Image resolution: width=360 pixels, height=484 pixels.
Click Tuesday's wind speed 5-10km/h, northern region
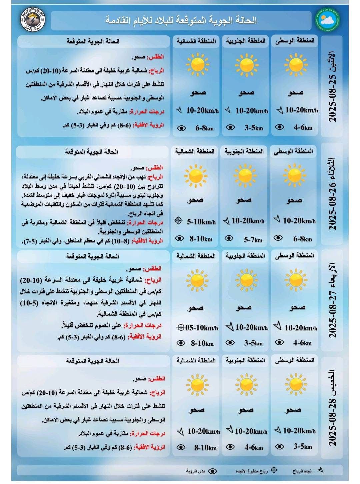tap(201, 221)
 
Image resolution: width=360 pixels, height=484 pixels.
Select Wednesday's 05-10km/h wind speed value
tap(202, 328)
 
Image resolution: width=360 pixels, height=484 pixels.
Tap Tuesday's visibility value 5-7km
tap(253, 239)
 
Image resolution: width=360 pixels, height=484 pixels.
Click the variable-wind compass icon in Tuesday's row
tap(179, 221)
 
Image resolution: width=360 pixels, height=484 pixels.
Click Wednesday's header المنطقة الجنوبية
tap(245, 256)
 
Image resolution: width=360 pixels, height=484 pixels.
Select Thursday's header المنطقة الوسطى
tap(295, 360)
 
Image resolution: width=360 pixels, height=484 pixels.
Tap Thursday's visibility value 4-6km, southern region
tap(254, 447)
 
